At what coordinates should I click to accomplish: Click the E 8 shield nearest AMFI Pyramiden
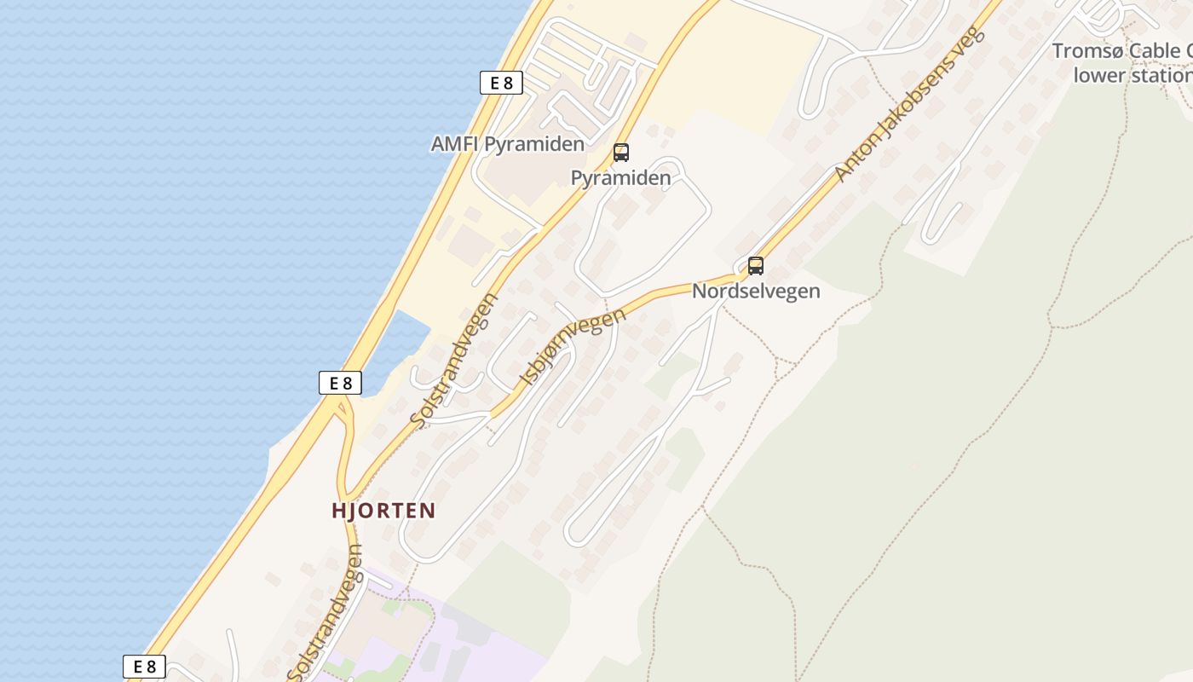(500, 83)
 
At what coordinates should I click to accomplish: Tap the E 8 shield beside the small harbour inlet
(340, 383)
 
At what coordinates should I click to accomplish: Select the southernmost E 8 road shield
(144, 667)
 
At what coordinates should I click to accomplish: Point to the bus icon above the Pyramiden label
(621, 153)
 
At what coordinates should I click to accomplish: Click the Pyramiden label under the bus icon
(620, 178)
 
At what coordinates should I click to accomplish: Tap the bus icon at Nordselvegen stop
(755, 266)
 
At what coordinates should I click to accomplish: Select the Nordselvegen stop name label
(756, 292)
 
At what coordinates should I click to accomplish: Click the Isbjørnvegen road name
(572, 346)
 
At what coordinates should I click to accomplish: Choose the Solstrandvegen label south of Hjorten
(326, 614)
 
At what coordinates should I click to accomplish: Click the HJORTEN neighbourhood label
(383, 511)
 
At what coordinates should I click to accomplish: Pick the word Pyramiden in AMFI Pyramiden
(534, 144)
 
